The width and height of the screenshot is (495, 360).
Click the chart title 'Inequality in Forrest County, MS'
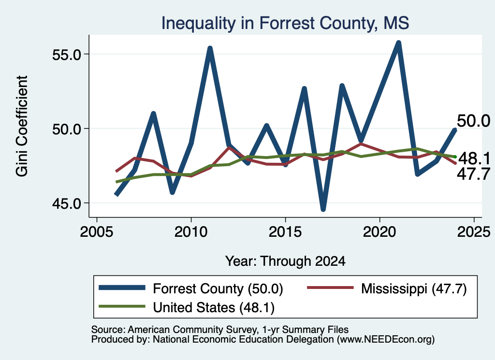pos(285,23)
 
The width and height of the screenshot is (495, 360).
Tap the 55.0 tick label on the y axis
pos(67,54)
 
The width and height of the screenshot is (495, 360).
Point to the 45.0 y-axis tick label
pos(67,203)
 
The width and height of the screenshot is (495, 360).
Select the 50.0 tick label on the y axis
pos(67,129)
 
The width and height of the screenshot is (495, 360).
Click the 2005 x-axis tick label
pos(97,232)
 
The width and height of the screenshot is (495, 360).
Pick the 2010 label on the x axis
pos(191,232)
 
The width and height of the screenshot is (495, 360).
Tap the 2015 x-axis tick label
pos(285,232)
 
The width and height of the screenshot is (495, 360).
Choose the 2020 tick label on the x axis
pos(379,232)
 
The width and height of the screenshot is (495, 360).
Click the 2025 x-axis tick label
pos(474,232)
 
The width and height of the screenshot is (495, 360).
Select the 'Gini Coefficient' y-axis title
pos(22,126)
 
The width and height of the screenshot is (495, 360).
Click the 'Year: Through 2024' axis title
pos(285,261)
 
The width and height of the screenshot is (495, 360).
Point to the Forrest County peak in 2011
pos(210,48)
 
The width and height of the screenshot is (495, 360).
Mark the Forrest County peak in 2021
pos(398,43)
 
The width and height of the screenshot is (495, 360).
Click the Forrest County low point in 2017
pos(323,210)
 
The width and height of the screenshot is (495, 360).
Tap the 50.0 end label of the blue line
pos(473,121)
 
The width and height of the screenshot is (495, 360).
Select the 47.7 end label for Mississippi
pos(473,174)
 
